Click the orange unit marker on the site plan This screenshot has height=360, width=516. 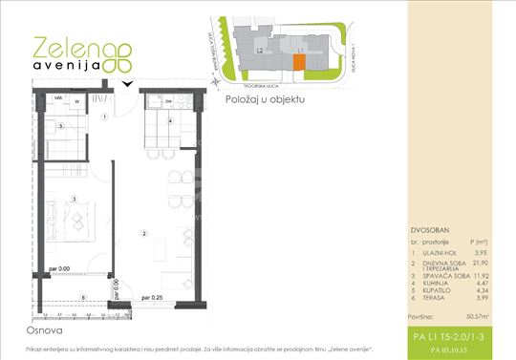click(x=298, y=61)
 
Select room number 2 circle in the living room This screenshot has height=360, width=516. click(x=143, y=233)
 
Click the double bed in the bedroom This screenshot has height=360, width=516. click(x=76, y=218)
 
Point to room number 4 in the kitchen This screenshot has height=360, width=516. click(x=170, y=121)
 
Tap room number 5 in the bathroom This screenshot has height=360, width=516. click(x=59, y=126)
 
